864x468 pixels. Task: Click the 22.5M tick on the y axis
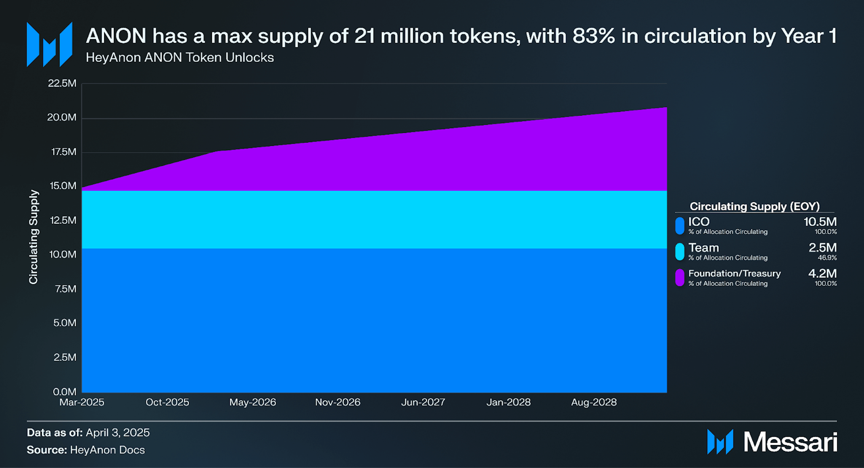(x=62, y=83)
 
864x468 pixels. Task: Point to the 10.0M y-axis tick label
(x=63, y=254)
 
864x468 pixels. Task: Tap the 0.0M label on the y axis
(x=65, y=391)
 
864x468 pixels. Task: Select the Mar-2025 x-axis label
(x=82, y=402)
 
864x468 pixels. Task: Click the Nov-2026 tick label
(x=338, y=402)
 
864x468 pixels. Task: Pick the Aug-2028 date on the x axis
(x=594, y=402)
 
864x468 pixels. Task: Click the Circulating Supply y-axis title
(x=33, y=237)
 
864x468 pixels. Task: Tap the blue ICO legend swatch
(x=680, y=226)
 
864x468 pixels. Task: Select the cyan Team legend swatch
(x=680, y=252)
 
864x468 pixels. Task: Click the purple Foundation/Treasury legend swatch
(x=680, y=277)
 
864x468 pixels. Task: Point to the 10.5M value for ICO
(x=820, y=222)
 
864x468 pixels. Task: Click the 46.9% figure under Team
(x=827, y=258)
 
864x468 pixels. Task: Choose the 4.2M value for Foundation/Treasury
(x=822, y=273)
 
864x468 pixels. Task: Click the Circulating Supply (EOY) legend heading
(x=754, y=206)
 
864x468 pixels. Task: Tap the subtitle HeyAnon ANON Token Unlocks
(x=180, y=58)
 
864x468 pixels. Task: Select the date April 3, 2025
(x=118, y=433)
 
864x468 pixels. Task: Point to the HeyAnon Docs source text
(x=107, y=450)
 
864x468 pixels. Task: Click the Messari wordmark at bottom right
(x=790, y=442)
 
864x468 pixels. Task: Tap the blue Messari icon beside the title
(x=50, y=44)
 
